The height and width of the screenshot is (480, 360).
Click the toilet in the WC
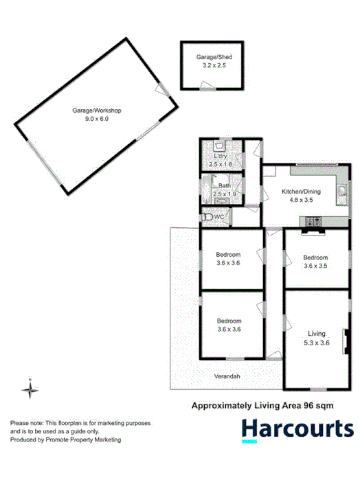point(207,217)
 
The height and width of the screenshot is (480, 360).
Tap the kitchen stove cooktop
point(312,220)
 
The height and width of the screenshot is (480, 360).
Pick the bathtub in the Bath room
point(206,187)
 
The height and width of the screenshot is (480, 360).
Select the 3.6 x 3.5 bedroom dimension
point(317,266)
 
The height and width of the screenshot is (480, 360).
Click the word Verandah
point(227,377)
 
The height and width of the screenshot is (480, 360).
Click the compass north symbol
point(30,389)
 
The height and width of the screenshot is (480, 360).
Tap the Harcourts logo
point(297,429)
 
